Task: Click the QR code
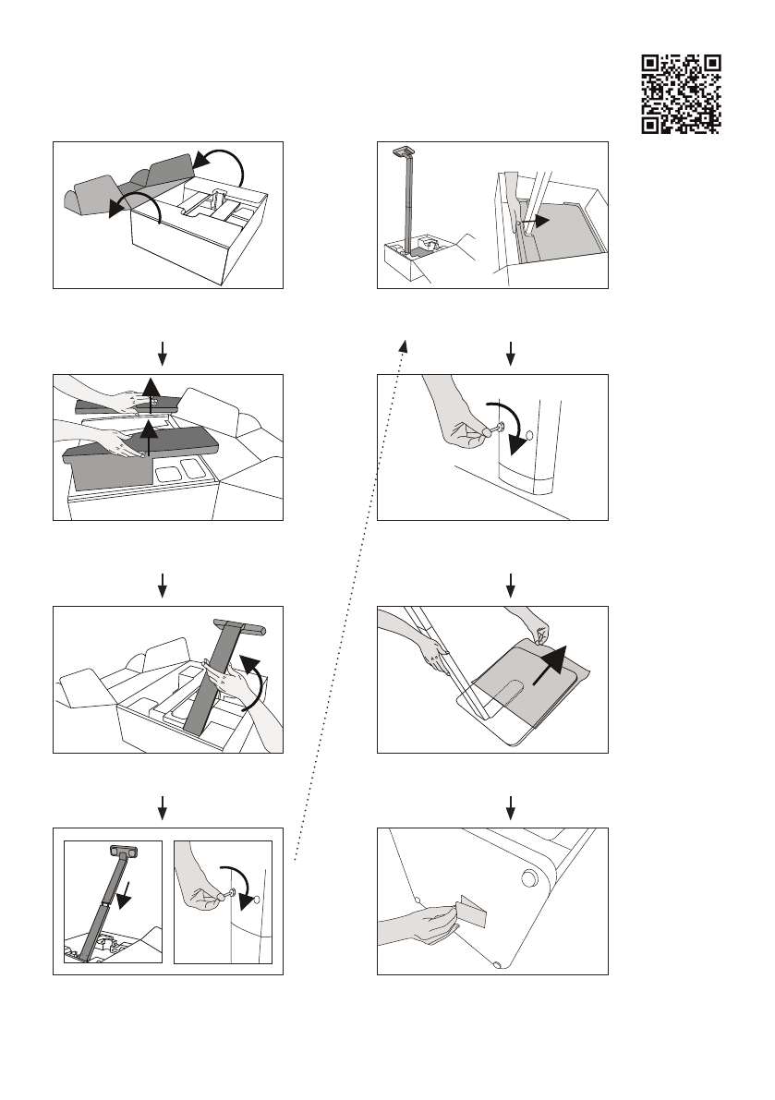681,93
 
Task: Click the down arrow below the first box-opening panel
163,351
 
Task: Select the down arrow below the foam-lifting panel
163,583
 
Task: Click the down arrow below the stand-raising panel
163,804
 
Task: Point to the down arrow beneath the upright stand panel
510,351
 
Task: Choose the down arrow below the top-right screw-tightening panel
510,583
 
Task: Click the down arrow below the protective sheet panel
510,804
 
